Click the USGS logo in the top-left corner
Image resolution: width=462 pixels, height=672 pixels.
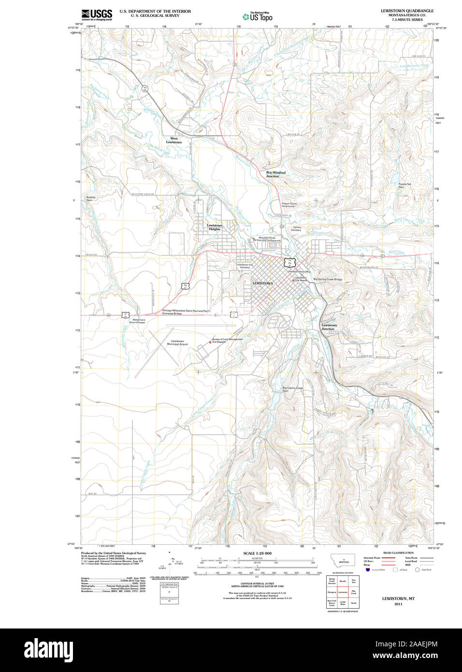tap(97, 15)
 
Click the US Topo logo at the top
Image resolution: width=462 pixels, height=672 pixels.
tap(258, 17)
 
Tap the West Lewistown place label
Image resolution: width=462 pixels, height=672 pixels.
tap(174, 141)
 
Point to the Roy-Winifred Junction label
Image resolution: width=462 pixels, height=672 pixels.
tap(275, 175)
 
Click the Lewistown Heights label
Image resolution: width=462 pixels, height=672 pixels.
tap(215, 227)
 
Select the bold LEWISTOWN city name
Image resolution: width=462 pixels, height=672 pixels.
tap(262, 283)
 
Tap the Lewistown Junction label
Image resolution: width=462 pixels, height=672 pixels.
tap(329, 327)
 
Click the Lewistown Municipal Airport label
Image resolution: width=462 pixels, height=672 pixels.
tap(177, 343)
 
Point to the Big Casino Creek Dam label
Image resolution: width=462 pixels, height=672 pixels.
tap(292, 389)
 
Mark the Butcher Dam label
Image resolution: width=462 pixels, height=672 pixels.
tap(91, 199)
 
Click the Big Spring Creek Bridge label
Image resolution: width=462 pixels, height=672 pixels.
tap(328, 279)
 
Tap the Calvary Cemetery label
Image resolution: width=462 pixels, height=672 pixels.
tap(297, 229)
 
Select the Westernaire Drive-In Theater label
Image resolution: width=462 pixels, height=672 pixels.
tap(139, 321)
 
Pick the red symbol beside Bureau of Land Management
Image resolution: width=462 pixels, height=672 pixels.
tap(210, 343)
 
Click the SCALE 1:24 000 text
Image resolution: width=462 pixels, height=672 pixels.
tap(257, 553)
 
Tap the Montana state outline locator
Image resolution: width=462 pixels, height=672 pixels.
tap(344, 560)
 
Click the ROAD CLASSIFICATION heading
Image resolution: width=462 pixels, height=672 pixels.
tap(398, 553)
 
